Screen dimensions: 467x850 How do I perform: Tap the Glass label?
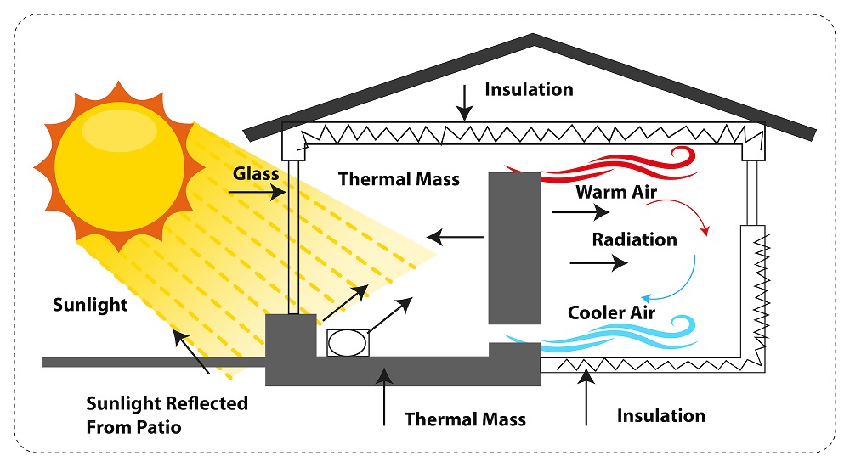[256, 173]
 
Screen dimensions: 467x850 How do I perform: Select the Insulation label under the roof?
[529, 89]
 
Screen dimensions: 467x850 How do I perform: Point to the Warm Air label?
[616, 192]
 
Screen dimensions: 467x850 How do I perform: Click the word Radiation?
[635, 239]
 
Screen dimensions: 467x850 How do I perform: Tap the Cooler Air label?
[612, 312]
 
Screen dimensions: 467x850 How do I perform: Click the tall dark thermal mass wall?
[513, 246]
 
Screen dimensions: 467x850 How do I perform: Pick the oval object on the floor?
[346, 343]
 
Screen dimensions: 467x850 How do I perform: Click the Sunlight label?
[90, 304]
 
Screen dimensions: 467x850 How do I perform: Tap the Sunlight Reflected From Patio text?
[167, 414]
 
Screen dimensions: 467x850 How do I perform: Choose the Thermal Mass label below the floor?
[465, 419]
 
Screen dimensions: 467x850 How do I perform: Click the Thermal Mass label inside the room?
[399, 179]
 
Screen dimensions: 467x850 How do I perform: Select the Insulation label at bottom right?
[661, 415]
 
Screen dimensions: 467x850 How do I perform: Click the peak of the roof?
[533, 37]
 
